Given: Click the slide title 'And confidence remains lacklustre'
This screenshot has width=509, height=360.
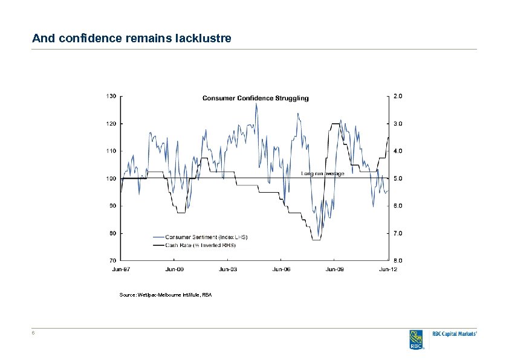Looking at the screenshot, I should point(131,39).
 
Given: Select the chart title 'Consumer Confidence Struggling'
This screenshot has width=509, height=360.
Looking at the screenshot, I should point(255,98).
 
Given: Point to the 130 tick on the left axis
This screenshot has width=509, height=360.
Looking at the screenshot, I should point(111,95).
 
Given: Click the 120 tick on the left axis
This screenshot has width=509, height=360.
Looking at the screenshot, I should point(111,123).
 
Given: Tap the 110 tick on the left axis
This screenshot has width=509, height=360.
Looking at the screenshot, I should point(111,150).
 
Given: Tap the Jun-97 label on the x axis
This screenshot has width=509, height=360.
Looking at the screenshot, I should point(121,269).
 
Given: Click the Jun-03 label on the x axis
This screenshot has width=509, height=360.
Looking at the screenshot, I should point(228,269).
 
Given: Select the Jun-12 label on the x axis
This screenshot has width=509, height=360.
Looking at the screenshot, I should point(388,269).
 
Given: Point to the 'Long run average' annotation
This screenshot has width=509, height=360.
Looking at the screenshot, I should point(322,173).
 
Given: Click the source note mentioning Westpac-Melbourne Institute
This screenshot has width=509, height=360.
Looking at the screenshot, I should point(166,294).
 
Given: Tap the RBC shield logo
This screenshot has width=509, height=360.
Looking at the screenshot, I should point(416,339).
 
